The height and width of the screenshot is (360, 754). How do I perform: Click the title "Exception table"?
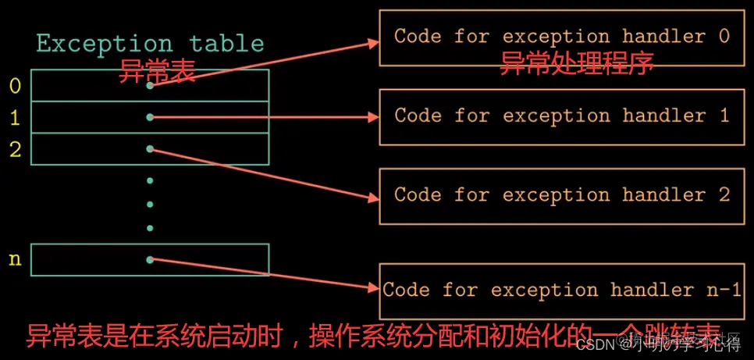150,44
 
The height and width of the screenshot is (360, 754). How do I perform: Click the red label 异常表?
155,73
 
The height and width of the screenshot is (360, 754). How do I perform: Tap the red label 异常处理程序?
576,63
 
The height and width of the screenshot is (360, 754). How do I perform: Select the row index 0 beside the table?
15,86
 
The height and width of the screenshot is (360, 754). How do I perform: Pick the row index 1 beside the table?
15,118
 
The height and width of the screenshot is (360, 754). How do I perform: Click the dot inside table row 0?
150,85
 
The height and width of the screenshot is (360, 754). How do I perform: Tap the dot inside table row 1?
150,117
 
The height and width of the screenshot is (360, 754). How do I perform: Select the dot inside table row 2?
150,148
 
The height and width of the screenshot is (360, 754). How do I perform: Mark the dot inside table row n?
150,259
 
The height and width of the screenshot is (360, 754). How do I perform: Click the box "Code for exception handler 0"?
561,37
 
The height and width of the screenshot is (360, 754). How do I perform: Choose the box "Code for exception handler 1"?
561,116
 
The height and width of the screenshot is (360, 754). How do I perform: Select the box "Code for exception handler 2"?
561,195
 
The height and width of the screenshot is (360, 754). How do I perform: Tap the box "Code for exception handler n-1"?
561,290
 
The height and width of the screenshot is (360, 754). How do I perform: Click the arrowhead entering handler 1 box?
374,117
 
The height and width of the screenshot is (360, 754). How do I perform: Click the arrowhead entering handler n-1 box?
374,287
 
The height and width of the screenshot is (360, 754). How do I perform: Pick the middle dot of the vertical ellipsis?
150,205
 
